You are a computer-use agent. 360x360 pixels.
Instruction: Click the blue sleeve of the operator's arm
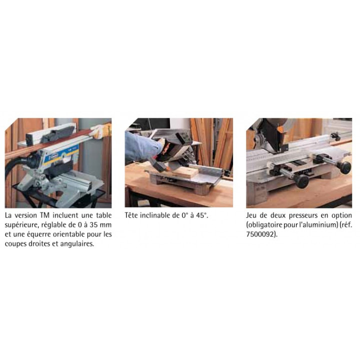tap(142, 145)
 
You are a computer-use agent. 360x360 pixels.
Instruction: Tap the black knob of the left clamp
tap(301, 181)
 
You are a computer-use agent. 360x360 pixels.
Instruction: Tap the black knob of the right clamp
tap(345, 167)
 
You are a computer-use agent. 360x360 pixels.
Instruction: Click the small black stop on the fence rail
tap(335, 136)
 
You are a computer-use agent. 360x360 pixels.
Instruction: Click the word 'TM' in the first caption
tap(45, 215)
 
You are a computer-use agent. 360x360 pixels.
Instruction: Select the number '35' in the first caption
tap(93, 225)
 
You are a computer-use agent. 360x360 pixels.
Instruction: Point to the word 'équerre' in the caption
tap(39, 234)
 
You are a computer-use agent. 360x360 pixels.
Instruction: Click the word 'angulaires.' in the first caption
tap(77, 244)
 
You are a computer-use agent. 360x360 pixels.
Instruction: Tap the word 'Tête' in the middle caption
tap(130, 215)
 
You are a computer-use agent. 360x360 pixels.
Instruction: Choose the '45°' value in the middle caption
tap(202, 215)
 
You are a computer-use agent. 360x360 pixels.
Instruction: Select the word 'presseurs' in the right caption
tap(303, 216)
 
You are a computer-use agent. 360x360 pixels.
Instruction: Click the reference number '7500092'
tap(260, 234)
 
